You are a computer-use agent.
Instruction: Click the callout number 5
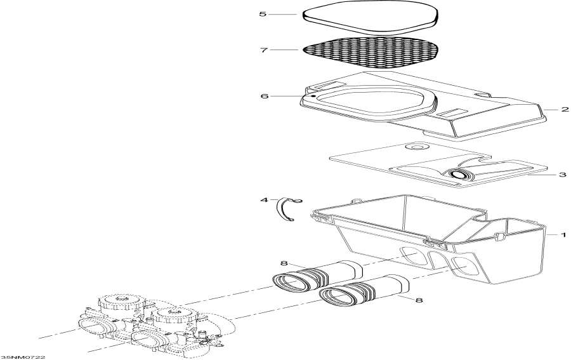click(263, 14)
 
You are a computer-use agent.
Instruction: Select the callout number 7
click(264, 50)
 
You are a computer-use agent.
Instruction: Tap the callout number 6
click(265, 97)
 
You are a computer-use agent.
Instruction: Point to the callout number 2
click(565, 109)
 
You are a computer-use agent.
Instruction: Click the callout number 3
click(563, 175)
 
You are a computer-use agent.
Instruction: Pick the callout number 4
click(264, 200)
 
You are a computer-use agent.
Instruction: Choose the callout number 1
click(563, 235)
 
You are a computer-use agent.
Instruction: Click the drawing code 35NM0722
click(23, 357)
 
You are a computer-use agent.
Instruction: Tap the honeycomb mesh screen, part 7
click(371, 53)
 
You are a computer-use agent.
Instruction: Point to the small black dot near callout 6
click(313, 97)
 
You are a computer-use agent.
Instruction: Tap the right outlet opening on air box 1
click(464, 265)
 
